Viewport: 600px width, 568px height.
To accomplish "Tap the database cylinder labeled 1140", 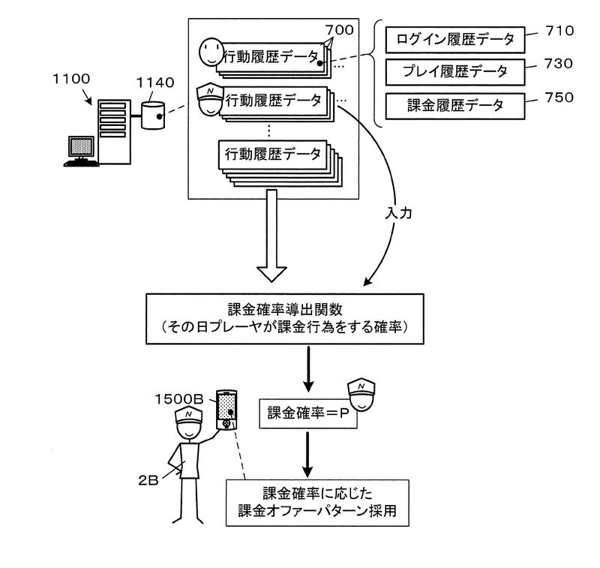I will pos(153,115).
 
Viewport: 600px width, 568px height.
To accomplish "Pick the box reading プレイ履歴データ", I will pos(450,72).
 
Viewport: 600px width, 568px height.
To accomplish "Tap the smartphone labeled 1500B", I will pos(226,410).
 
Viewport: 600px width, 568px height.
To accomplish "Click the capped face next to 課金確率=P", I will pos(362,397).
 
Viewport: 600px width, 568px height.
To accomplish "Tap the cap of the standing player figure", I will pos(187,416).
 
